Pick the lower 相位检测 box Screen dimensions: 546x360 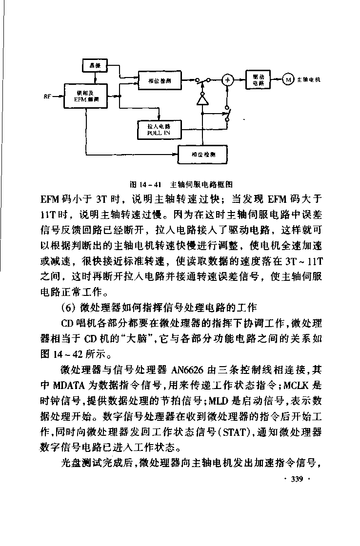(203, 155)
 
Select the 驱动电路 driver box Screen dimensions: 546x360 (259, 80)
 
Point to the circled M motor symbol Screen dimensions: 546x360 (288, 80)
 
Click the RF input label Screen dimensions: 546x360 (47, 96)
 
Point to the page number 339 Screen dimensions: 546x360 (297, 479)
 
